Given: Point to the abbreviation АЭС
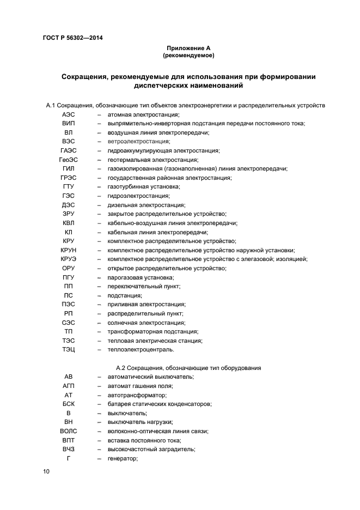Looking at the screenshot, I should tap(68, 115).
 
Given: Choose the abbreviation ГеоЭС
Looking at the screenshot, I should tap(68, 160).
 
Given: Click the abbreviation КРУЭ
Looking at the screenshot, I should tap(68, 259).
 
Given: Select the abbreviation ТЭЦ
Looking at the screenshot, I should tap(68, 349).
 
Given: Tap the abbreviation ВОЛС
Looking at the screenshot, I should tap(68, 431).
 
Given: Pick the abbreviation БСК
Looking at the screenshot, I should tap(68, 404).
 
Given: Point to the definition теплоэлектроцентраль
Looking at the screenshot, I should tap(141, 349).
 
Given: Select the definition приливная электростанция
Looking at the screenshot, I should tap(146, 304).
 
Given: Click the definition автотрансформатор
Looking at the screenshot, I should tap(137, 395).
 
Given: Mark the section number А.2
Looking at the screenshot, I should tap(122, 368).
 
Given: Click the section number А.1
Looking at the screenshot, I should tap(51, 105).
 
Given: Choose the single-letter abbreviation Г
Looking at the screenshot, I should tap(68, 458).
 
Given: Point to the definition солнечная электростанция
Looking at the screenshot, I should tap(146, 323).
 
